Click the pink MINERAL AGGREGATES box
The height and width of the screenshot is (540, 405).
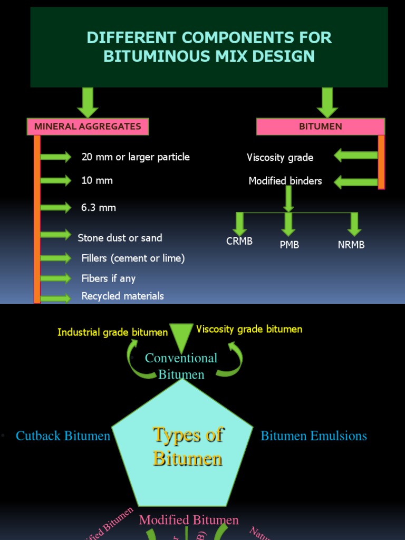coord(88,127)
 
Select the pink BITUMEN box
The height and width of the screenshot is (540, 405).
coord(320,127)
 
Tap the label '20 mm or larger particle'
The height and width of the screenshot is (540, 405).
coord(136,157)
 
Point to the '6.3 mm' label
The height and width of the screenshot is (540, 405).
coord(99,208)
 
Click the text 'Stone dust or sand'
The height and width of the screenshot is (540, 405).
coord(120,238)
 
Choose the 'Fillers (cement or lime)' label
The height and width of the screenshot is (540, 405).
coord(133,258)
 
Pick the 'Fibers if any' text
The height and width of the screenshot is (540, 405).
coord(108,278)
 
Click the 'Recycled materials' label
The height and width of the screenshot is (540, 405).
coord(122,296)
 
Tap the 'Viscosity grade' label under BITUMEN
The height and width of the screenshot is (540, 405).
coord(280,158)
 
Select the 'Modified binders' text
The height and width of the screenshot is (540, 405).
coord(285,181)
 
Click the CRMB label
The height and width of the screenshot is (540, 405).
coord(239,242)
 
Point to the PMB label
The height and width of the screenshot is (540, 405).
coord(289,245)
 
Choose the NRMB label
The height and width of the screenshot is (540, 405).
coord(351,245)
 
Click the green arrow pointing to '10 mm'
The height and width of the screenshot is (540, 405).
coord(56,180)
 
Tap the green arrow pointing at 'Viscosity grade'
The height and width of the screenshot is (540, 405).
coord(355,156)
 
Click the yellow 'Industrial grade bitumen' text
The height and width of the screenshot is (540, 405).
coord(112,332)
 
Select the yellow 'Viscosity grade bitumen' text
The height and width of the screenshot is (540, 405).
coord(249,330)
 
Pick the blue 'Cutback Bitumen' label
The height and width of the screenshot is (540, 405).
coord(63,436)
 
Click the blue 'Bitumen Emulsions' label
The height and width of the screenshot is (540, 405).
coord(314,436)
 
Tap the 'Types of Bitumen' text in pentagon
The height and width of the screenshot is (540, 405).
coord(188,446)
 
